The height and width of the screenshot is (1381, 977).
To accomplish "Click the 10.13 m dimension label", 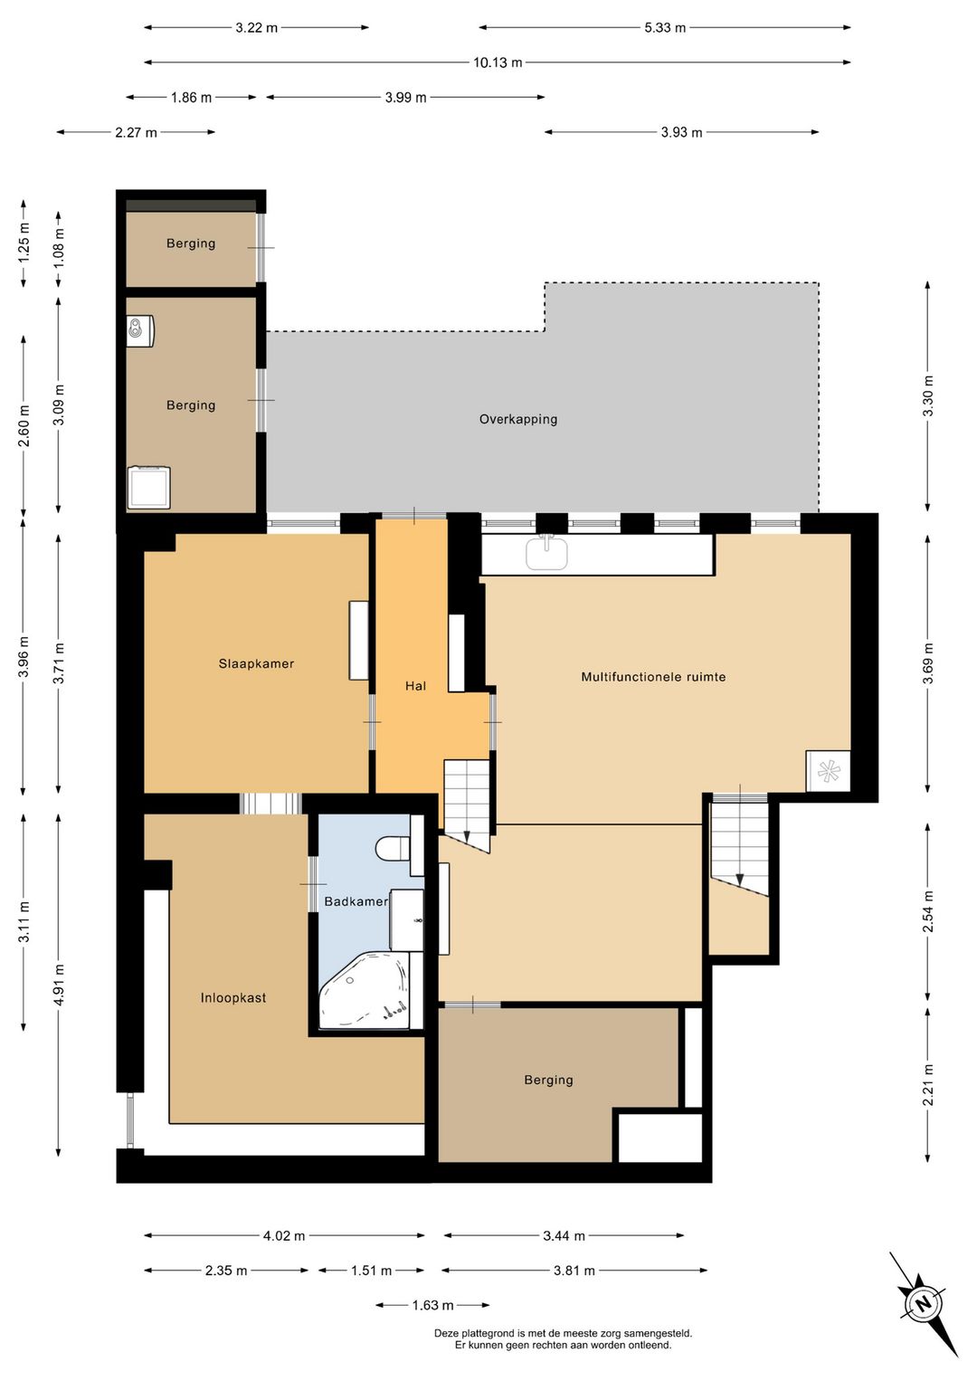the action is [498, 62].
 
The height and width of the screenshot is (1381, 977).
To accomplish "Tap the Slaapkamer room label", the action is [256, 664].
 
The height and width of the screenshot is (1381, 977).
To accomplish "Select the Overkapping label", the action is [518, 419].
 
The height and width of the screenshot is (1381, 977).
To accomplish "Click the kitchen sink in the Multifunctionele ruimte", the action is [546, 552].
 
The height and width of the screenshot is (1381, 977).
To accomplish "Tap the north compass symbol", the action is [924, 1305].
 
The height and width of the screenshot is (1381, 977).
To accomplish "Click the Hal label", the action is [415, 686].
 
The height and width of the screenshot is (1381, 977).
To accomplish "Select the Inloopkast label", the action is [233, 997].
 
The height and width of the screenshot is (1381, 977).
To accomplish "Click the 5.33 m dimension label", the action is [665, 28].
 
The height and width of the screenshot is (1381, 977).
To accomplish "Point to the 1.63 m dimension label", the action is [432, 1305].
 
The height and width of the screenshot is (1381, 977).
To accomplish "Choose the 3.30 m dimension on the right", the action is [928, 395].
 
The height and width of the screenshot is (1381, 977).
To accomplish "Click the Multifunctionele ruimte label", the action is [653, 677].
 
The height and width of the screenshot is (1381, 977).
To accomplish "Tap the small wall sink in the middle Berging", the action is [140, 331].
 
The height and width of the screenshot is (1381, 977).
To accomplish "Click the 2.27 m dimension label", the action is [136, 132].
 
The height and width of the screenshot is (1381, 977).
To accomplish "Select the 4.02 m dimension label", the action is [284, 1235].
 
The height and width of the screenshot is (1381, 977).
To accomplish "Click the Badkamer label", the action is [356, 901].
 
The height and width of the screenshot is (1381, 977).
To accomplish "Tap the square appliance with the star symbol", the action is [828, 771].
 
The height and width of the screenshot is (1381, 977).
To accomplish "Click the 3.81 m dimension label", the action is [574, 1270].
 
